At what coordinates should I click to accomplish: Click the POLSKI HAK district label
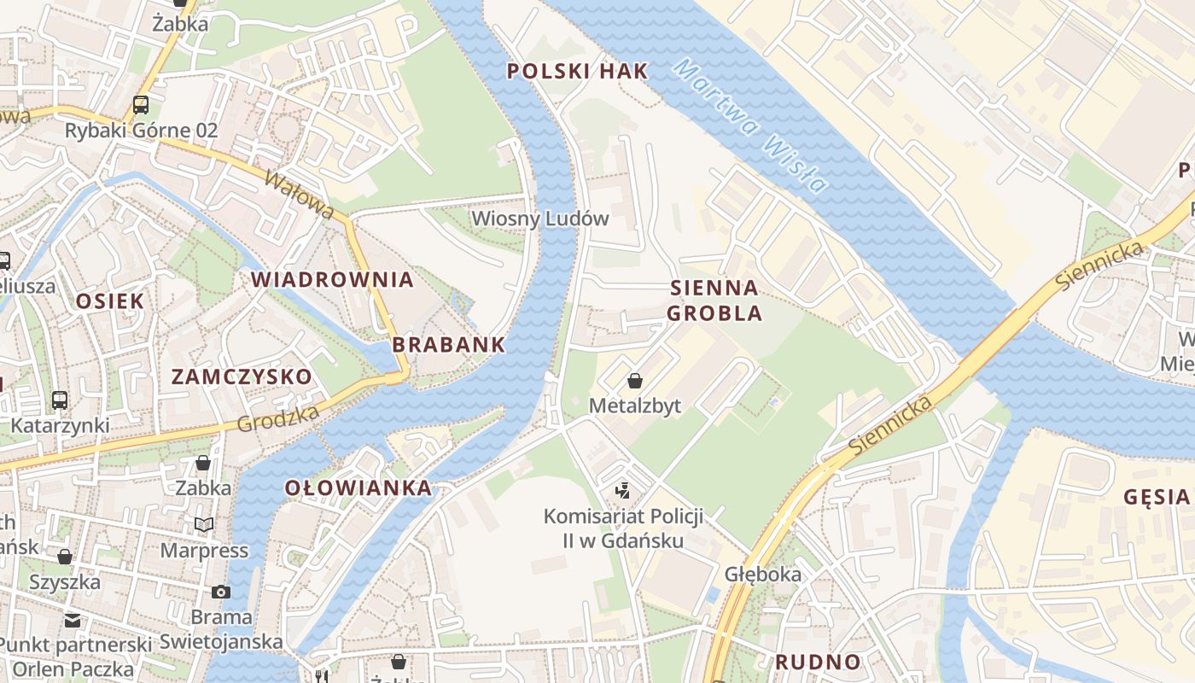point(578,71)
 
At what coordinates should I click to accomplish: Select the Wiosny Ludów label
point(540,219)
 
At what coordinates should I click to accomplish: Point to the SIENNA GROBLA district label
point(714,300)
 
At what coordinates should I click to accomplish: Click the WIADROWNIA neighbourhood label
point(332,279)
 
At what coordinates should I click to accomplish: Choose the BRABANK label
point(449,345)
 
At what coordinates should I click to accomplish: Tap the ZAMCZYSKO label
point(242,377)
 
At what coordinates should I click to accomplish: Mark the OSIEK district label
point(110,301)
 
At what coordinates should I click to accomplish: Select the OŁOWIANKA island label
point(358,487)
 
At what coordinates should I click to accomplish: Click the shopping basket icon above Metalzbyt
point(635,380)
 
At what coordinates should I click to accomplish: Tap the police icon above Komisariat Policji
point(624,490)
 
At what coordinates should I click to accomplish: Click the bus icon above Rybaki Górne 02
point(141,105)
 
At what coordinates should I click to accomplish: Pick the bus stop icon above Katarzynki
point(60,400)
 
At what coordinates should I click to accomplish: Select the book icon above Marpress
point(204,524)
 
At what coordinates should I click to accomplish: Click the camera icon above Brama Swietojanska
point(221,591)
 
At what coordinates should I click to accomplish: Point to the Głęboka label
point(763,574)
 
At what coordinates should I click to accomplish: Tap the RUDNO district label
point(818,662)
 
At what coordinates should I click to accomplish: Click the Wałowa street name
point(300,195)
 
